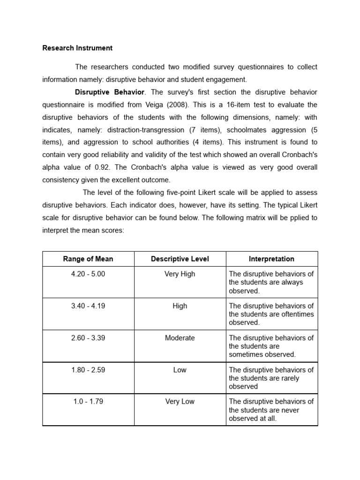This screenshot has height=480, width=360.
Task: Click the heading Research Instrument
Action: [77, 48]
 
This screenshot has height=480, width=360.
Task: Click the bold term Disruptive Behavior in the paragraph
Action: [110, 92]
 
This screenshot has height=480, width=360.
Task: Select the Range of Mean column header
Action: [88, 259]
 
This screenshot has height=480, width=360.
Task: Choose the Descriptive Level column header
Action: [180, 259]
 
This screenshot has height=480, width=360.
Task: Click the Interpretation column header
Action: [271, 259]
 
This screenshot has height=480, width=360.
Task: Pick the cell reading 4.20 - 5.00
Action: [88, 274]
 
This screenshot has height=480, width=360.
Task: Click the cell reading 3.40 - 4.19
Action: [88, 306]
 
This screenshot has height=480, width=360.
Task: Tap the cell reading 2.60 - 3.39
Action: [88, 338]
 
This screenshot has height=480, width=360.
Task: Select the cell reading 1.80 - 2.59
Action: [88, 370]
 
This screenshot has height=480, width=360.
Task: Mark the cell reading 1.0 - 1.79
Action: [88, 402]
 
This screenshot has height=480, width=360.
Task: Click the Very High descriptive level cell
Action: [180, 274]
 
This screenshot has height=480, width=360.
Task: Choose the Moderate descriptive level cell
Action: [180, 338]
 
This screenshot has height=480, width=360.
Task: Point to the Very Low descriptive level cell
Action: [180, 402]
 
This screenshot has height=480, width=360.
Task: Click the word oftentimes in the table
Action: [298, 315]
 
